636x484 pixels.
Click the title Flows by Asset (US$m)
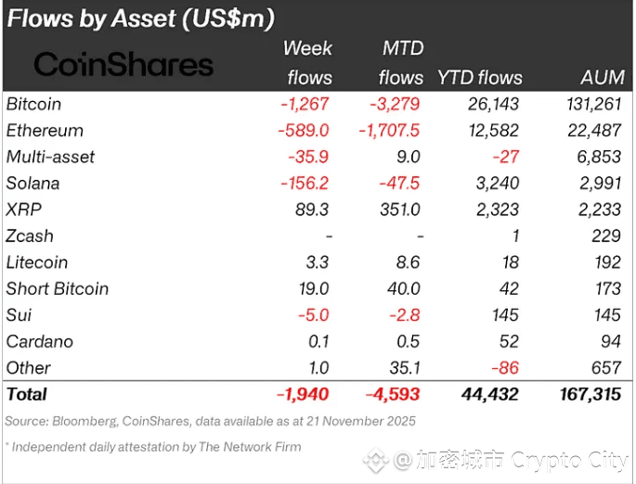[140, 18]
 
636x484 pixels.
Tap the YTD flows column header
[479, 78]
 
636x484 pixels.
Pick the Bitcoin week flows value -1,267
[305, 105]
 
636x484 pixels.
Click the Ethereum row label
[45, 131]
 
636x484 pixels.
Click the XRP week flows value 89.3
[312, 210]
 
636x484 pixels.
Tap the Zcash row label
[30, 236]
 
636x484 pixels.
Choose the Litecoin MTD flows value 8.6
[407, 262]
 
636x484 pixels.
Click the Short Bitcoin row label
[58, 288]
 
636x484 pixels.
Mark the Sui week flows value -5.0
[313, 315]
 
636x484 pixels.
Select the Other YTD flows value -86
[506, 367]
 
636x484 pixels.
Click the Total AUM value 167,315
[591, 395]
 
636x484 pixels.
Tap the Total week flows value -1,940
[303, 395]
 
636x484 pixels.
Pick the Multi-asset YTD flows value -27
[506, 158]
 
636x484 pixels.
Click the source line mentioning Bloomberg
[211, 422]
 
